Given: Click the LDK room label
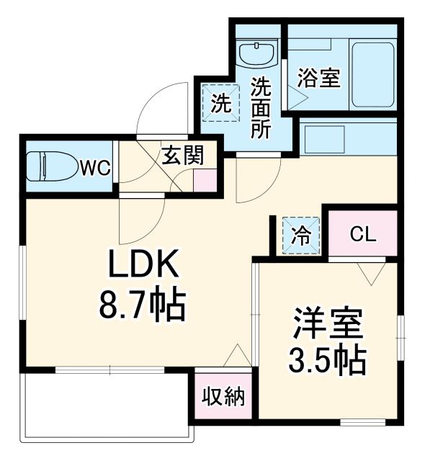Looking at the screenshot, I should point(143,269).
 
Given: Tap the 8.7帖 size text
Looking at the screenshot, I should point(143,306).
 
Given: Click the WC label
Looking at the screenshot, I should point(95,169).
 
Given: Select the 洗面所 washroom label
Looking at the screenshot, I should point(260,108).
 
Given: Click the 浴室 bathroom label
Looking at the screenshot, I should point(319,78).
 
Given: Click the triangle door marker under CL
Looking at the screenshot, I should point(373,273).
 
